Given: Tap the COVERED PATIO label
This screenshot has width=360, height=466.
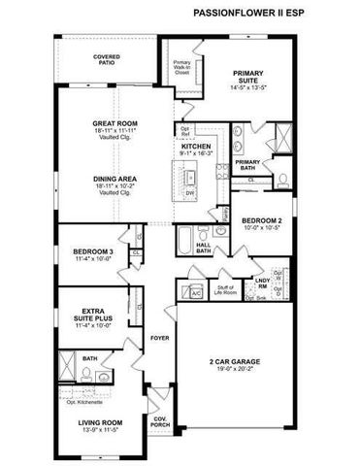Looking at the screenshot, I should click(107, 60).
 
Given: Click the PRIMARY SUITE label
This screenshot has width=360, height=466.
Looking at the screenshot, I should click(247, 76).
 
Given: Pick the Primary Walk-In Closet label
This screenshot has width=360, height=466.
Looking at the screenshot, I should click(182, 67).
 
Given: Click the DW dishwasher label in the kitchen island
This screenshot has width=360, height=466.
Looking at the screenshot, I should click(190, 193).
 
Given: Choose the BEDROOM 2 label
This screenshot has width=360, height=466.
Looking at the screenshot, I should click(262, 220).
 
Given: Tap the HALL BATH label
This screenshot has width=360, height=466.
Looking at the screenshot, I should click(204, 247).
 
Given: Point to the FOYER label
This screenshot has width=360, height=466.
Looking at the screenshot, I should click(159, 338).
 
